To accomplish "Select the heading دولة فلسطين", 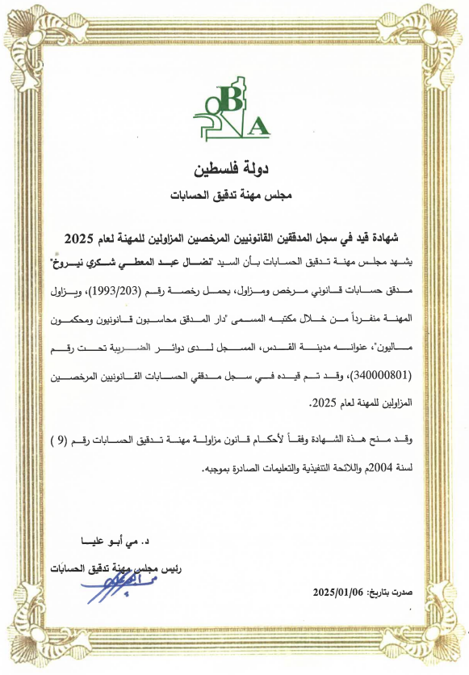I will pyautogui.click(x=233, y=171).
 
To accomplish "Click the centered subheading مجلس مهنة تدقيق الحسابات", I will pyautogui.click(x=234, y=196).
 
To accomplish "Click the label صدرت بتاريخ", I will pyautogui.click(x=392, y=593).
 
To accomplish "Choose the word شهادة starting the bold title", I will pyautogui.click(x=392, y=237).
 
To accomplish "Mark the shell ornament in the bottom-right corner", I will pyautogui.click(x=441, y=647).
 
